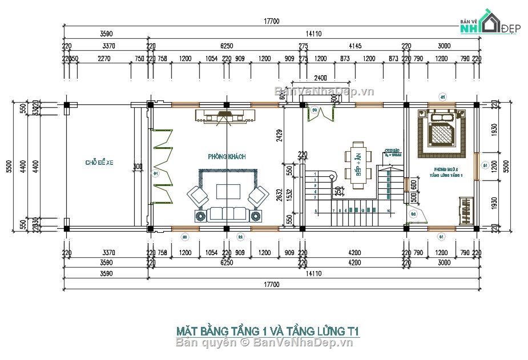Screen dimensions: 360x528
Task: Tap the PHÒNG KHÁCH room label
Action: click(227, 156)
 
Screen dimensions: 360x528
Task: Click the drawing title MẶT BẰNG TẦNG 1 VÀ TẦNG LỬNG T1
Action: click(268, 331)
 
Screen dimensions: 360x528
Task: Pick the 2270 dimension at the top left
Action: click(104, 58)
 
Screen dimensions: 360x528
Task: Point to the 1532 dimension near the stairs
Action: click(289, 194)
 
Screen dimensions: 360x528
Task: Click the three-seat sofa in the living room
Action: click(228, 214)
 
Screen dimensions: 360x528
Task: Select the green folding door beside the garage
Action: click(163, 165)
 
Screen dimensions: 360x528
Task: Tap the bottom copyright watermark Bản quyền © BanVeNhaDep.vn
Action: click(264, 342)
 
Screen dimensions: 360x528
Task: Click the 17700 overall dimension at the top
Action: click(271, 22)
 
